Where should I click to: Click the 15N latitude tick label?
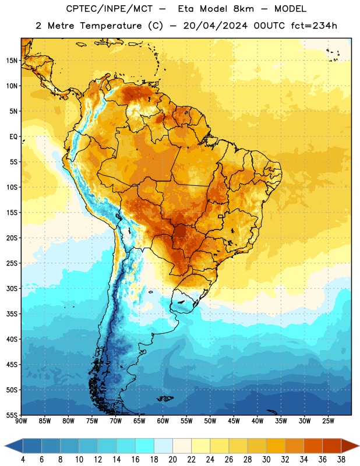(x=12, y=61)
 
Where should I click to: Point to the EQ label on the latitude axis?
(x=13, y=137)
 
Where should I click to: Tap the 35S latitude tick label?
(x=12, y=314)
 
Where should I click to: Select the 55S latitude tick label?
(x=12, y=415)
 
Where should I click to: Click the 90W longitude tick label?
(x=21, y=421)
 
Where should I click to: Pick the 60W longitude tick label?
(x=163, y=421)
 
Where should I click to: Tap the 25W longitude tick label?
(x=328, y=421)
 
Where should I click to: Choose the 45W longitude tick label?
(x=234, y=421)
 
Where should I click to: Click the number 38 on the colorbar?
(x=341, y=460)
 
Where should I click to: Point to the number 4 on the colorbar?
(x=23, y=460)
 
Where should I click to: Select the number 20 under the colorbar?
(x=172, y=460)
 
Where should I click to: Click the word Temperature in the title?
(x=111, y=26)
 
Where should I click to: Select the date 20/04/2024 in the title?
(x=215, y=26)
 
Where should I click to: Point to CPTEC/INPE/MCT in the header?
(x=109, y=9)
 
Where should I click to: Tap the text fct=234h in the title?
(x=314, y=26)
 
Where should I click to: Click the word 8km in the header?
(x=243, y=9)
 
